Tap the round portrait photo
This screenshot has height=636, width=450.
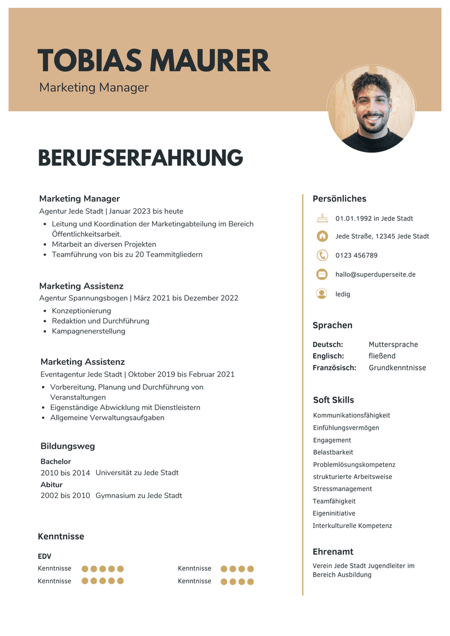[372, 109]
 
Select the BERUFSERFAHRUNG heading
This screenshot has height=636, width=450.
[140, 158]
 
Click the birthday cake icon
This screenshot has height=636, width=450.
[322, 218]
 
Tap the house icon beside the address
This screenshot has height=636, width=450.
[322, 236]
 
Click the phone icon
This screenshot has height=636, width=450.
[322, 255]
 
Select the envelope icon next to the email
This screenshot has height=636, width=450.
[322, 274]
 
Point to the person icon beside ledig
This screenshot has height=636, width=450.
[322, 294]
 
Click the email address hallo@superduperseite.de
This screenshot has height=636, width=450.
[375, 274]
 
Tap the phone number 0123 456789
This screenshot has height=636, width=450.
[356, 255]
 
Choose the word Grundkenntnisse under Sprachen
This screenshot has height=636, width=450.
[397, 368]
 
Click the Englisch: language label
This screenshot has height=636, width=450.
[328, 356]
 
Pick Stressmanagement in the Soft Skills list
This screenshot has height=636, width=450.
[342, 489]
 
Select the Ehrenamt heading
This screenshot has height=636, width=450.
[333, 551]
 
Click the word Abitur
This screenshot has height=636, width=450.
[52, 484]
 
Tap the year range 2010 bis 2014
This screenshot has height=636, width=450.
[65, 473]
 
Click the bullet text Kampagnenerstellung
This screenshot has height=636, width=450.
[89, 331]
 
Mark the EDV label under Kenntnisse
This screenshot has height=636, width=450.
[45, 556]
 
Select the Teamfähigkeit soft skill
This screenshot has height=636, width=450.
[334, 501]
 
